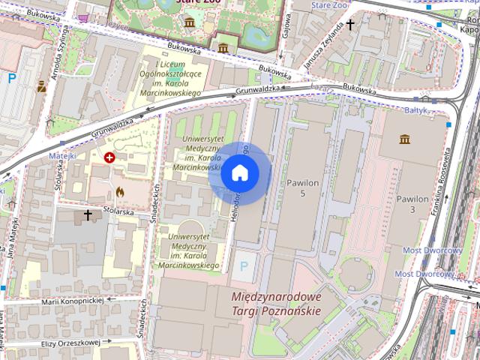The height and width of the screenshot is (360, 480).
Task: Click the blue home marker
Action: coord(240,173)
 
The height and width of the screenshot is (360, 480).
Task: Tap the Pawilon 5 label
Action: coord(302,187)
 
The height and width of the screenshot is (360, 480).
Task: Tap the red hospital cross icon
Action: coord(110,157)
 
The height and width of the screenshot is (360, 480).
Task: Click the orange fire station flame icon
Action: coord(120,192)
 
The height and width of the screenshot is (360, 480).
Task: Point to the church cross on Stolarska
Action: coord(88,216)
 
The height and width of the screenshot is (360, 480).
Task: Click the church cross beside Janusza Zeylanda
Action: coord(349,25)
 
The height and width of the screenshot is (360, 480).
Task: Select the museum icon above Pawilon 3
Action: coord(405,139)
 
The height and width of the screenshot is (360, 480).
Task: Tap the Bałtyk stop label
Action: coord(415,109)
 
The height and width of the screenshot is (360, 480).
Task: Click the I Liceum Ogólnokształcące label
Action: coord(171,79)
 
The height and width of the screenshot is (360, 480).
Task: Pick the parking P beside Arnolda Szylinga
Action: coord(12,77)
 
